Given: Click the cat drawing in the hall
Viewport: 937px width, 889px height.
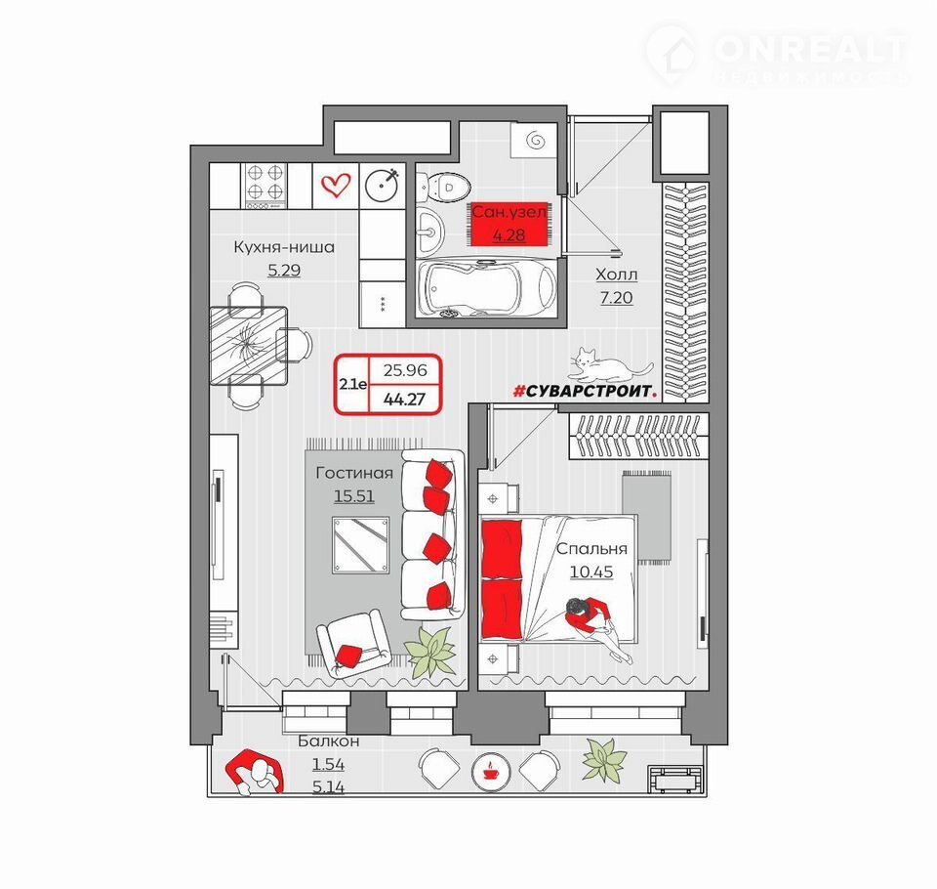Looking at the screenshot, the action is [x=609, y=365].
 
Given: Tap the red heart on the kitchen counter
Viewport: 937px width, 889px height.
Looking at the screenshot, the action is [x=335, y=185].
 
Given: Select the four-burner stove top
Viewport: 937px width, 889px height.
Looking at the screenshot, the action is [x=265, y=186].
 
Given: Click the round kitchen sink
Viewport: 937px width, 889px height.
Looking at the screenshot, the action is [x=382, y=185].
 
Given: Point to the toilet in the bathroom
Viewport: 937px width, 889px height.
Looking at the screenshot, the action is [x=443, y=186].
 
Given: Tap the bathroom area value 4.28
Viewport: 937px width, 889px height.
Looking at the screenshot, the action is [x=509, y=235].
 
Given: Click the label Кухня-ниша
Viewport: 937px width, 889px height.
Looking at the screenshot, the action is [x=284, y=246].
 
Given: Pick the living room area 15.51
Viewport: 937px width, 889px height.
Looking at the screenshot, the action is [x=353, y=496].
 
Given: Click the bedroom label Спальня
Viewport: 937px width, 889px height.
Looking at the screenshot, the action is [x=591, y=549].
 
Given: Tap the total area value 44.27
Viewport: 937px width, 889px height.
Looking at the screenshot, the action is [x=404, y=399].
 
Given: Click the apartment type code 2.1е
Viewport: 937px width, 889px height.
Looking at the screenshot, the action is [x=353, y=384].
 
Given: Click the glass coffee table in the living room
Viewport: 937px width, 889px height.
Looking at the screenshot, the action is [x=361, y=545].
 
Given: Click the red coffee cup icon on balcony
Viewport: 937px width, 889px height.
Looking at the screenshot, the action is [x=490, y=771].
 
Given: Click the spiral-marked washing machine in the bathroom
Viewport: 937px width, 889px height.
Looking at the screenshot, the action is [x=534, y=141].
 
